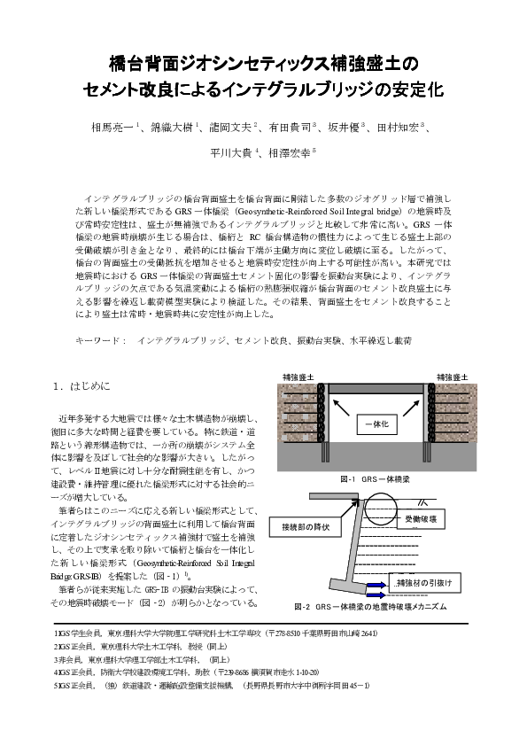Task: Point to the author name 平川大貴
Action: (x=231, y=152)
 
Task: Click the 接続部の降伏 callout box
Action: (x=306, y=528)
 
